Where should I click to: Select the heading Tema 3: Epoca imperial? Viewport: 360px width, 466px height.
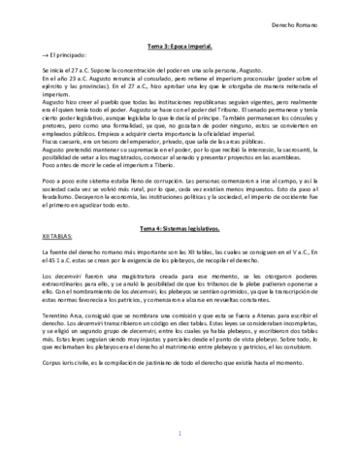[x=180, y=48]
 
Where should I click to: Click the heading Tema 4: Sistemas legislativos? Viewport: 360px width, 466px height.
[x=180, y=225]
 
